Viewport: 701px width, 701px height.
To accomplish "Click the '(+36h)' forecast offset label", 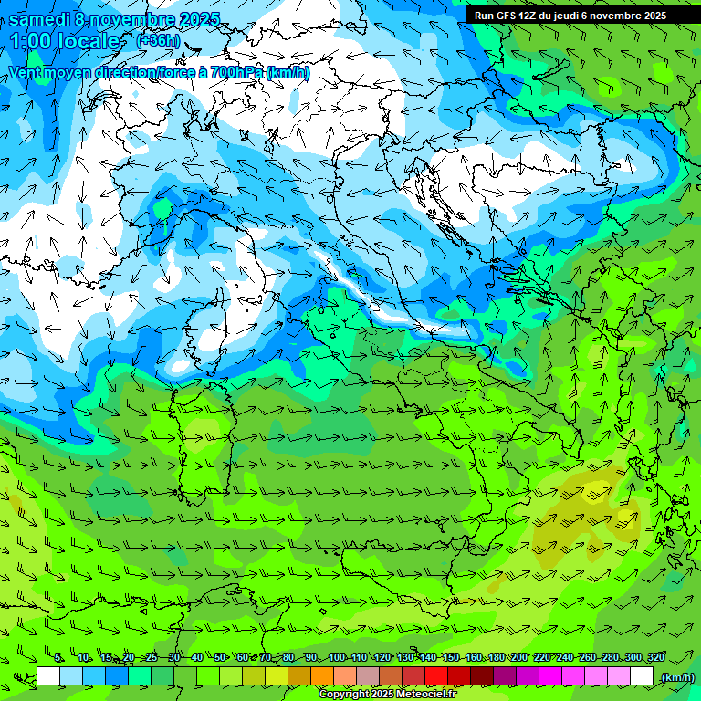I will [158, 40].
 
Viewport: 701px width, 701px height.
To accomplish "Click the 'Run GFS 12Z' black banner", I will [570, 15].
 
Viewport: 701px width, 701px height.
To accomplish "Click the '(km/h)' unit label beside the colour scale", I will [677, 677].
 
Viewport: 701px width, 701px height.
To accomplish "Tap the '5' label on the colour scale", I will [58, 658].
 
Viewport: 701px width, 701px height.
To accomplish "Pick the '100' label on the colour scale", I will [337, 658].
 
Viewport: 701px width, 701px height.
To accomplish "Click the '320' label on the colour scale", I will [655, 658].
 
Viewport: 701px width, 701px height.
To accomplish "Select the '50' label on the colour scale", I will [220, 658].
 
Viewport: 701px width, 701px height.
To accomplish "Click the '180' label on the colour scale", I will [496, 658].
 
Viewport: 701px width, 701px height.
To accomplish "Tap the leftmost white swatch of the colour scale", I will [48, 676].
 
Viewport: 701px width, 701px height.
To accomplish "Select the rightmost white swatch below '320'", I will [642, 676].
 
